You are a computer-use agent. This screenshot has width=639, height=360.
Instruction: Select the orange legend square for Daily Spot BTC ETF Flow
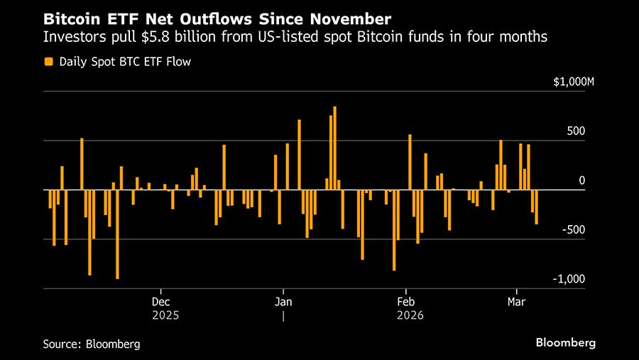click(48, 62)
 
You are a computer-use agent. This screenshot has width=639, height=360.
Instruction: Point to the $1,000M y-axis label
click(573, 82)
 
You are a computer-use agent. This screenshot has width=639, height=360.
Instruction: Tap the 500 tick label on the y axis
click(576, 131)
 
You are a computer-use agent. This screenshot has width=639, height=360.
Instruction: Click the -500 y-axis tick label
click(574, 230)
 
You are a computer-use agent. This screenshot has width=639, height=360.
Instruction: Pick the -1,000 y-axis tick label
click(569, 279)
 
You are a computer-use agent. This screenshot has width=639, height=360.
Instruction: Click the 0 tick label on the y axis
click(581, 181)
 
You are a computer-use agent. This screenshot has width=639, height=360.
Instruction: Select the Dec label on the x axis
click(161, 301)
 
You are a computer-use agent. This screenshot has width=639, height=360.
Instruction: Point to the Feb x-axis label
click(405, 301)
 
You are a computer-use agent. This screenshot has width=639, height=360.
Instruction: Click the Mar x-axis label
click(516, 301)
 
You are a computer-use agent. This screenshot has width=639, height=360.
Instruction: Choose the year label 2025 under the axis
click(165, 315)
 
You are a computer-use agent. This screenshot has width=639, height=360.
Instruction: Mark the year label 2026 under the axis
click(410, 315)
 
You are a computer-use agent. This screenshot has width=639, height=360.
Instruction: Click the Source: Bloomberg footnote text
click(91, 344)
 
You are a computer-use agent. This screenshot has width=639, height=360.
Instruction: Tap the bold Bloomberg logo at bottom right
click(565, 343)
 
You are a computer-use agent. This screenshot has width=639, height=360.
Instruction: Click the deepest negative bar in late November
click(117, 234)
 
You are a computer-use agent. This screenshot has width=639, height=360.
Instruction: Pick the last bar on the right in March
click(536, 207)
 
